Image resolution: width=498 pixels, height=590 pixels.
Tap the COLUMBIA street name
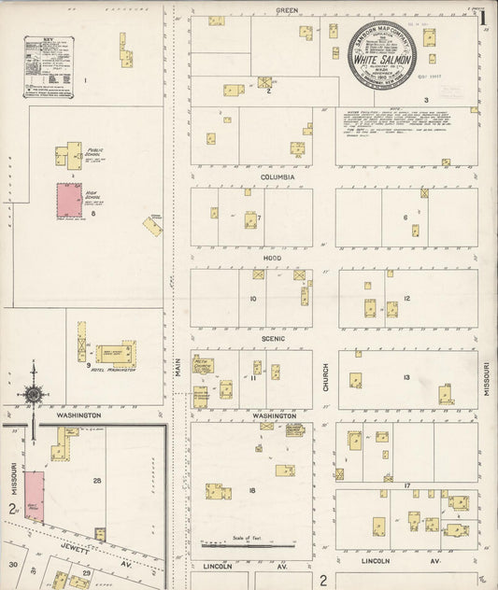[277, 176]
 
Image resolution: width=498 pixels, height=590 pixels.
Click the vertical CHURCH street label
[325, 375]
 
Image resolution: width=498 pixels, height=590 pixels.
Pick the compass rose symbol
[34, 394]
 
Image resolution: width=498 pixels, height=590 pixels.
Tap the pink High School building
[69, 200]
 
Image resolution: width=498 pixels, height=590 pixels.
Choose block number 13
[406, 377]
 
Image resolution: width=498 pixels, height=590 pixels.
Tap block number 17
[407, 486]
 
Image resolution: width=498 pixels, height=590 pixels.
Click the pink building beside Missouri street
[34, 496]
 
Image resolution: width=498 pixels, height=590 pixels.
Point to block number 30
[13, 564]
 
